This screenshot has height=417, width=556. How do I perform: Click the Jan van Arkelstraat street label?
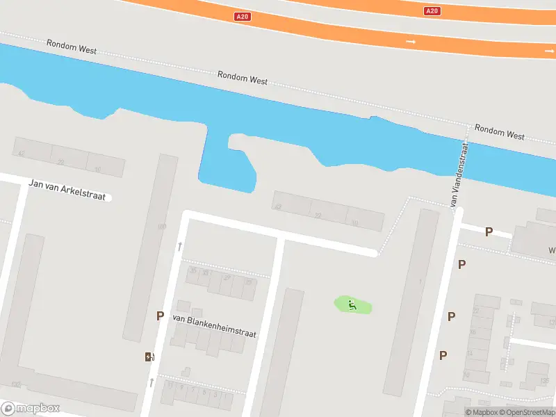click(x=67, y=190)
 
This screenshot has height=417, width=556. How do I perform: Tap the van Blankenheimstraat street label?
click(x=214, y=326)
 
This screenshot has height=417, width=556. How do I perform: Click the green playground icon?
click(x=353, y=304)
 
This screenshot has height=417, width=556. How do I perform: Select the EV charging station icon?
click(x=149, y=357)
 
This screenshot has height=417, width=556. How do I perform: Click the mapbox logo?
click(x=31, y=409)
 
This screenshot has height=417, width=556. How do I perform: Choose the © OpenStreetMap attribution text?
click(x=528, y=413)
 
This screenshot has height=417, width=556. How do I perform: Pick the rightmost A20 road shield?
click(x=432, y=10)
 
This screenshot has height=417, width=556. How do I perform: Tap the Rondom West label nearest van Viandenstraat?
click(x=499, y=131)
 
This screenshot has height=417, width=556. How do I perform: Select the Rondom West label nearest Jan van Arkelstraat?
click(x=72, y=47)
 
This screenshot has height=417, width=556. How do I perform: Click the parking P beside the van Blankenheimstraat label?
click(x=160, y=316)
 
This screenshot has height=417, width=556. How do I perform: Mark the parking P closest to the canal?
click(x=489, y=232)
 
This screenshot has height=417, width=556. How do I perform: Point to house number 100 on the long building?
click(x=162, y=227)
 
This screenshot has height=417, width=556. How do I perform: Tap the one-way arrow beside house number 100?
click(x=180, y=245)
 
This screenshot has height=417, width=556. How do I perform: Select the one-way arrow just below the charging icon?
click(x=151, y=382)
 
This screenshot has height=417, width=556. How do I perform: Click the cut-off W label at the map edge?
click(x=552, y=250)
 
